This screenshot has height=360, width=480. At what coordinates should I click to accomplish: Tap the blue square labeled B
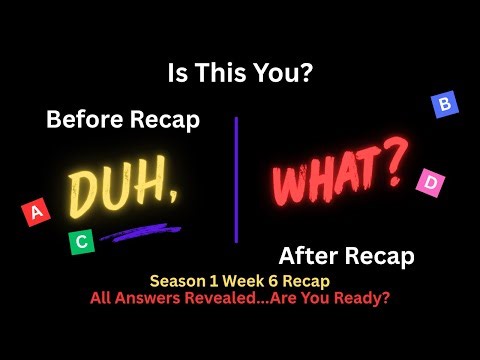[x=444, y=104]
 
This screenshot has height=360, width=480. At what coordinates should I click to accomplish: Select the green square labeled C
[x=82, y=240]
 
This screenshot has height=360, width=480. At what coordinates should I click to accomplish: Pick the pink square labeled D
[x=430, y=182]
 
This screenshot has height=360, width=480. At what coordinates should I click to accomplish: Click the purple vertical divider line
[x=237, y=180]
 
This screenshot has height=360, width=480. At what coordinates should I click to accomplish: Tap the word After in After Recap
[x=305, y=256]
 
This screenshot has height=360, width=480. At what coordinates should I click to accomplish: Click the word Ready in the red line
[x=362, y=299]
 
